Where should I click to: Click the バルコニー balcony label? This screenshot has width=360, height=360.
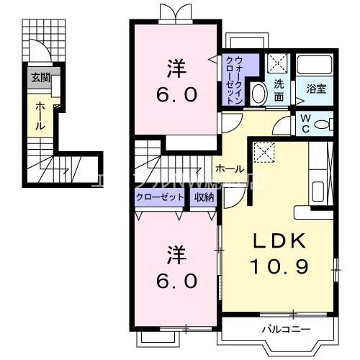click(x=286, y=330)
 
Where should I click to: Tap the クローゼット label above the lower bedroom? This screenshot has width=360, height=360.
click(x=160, y=197)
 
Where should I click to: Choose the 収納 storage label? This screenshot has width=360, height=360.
click(x=204, y=197)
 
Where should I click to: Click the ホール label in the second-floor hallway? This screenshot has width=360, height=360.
click(x=229, y=169)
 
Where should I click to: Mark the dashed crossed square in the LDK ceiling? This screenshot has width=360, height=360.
click(x=266, y=152)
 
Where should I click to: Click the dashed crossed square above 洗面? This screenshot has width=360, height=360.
click(x=277, y=63)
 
